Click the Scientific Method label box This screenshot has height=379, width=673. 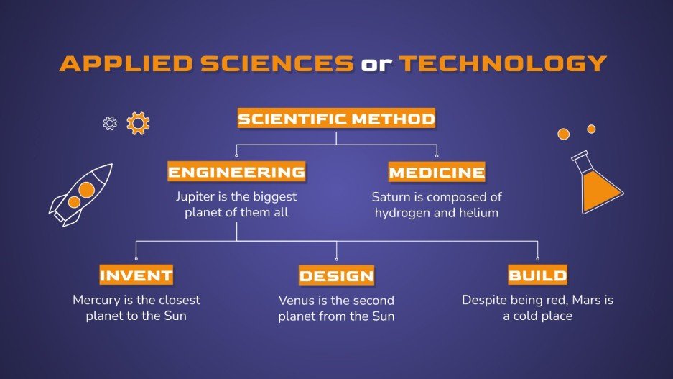coord(336,119)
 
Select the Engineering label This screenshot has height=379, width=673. coord(236,172)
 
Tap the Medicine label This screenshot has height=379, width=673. coord(437,173)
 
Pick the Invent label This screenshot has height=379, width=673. coord(136,275)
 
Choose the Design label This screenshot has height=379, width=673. coord(337,275)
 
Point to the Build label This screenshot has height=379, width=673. coord(537,275)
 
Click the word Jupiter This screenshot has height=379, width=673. coord(196,196)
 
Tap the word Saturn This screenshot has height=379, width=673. coord(391,196)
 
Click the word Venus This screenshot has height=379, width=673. coord(296,301)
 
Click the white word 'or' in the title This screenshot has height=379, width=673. coord(376,64)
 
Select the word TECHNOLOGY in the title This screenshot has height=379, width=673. coord(503,63)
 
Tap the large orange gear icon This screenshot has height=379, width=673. coord(138,123)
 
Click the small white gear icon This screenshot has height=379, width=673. coord(110,124)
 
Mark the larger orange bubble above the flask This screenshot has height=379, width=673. coord(564,134)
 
